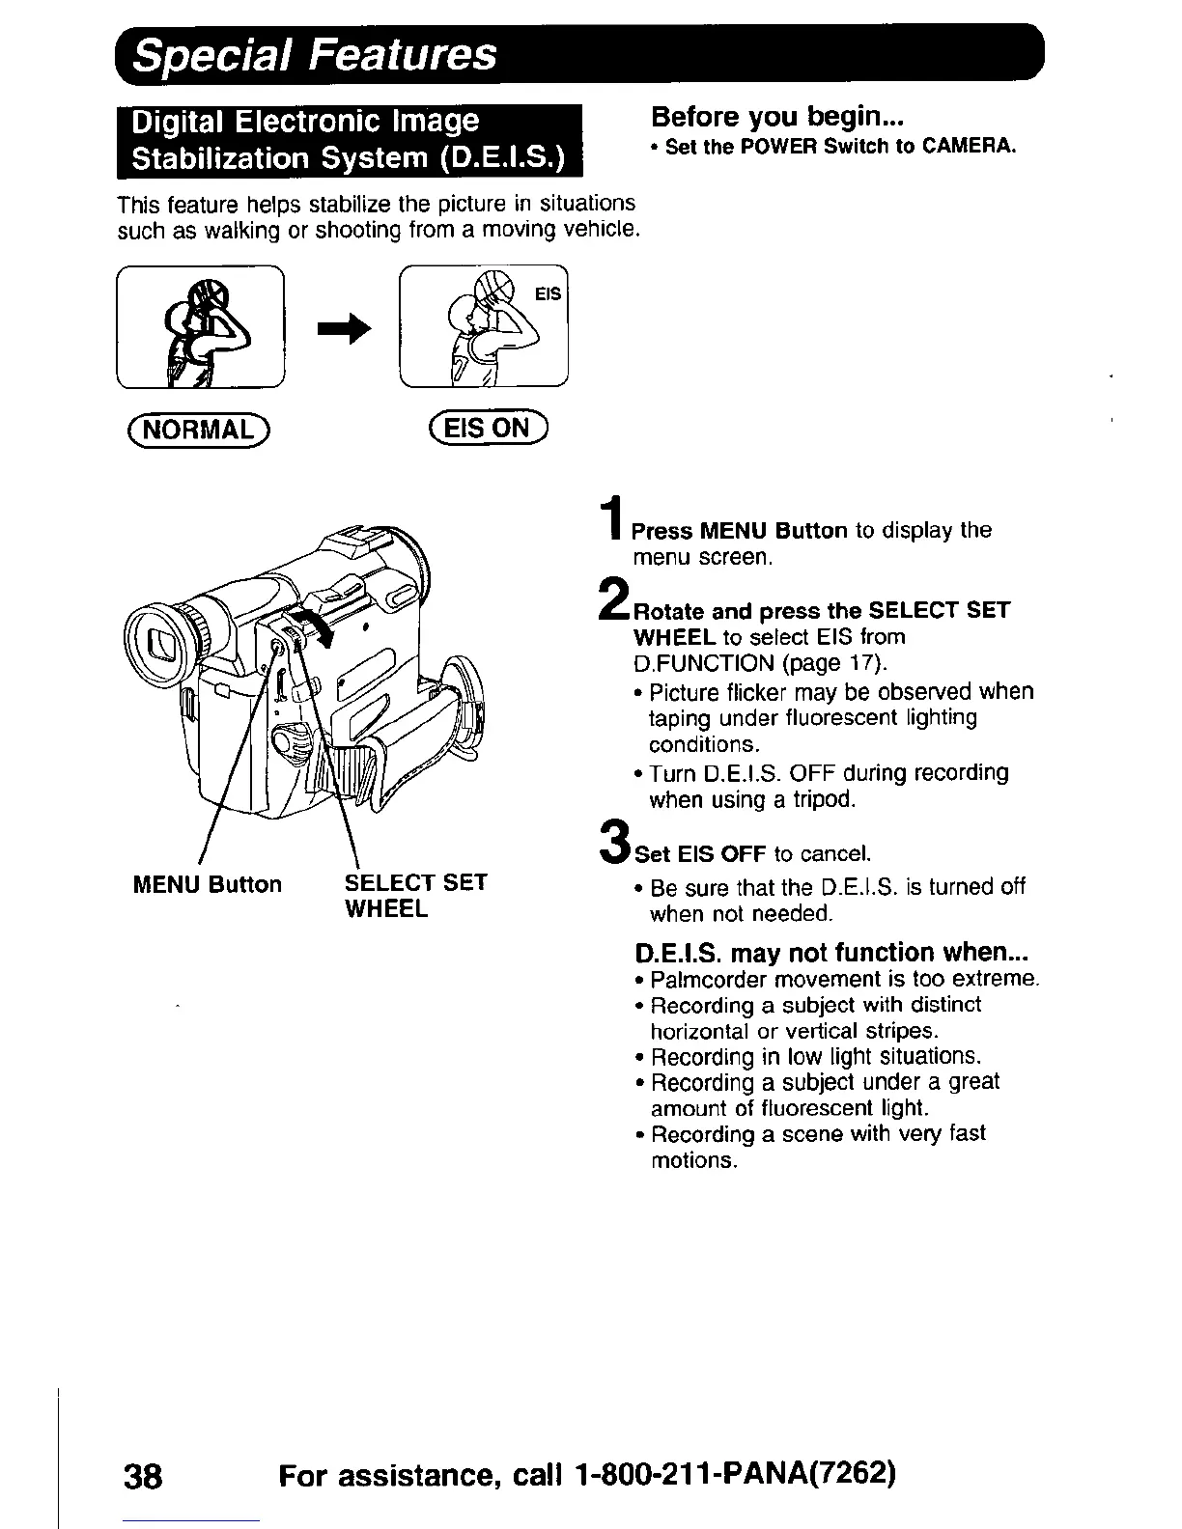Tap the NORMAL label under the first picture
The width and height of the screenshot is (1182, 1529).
[x=200, y=429]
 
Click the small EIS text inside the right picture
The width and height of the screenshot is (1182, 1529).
[x=548, y=293]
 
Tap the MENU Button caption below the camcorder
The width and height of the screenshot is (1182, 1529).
[x=207, y=884]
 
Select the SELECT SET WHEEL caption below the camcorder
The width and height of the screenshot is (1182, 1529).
[x=415, y=896]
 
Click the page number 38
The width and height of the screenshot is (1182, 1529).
[x=145, y=1477]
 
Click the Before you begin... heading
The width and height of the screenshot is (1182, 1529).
[x=776, y=117]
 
